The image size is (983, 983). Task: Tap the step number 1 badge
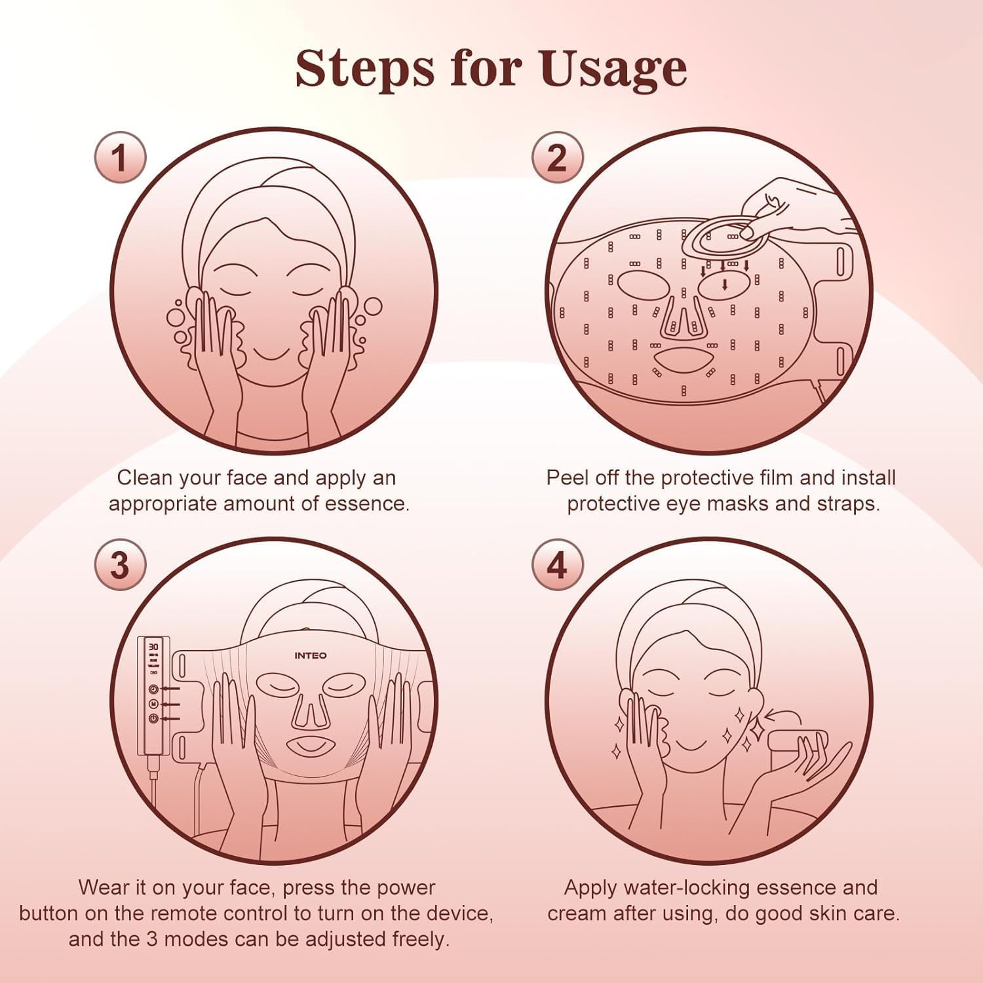(120, 158)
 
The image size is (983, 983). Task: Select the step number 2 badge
(556, 158)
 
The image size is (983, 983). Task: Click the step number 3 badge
(120, 564)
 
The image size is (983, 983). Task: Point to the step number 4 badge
(556, 564)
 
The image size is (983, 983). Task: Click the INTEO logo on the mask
(311, 655)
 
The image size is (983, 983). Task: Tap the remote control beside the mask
(153, 698)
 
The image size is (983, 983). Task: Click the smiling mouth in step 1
(271, 354)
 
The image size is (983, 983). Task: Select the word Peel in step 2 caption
(568, 478)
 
